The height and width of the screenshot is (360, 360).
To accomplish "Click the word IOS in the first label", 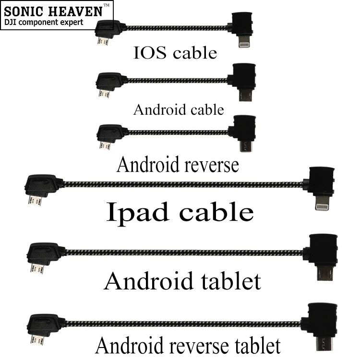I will [151, 53].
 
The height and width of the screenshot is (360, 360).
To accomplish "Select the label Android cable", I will [179, 109].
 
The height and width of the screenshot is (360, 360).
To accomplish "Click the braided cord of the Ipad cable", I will [182, 183].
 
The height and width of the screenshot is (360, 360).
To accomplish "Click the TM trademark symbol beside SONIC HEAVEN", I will [106, 5].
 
